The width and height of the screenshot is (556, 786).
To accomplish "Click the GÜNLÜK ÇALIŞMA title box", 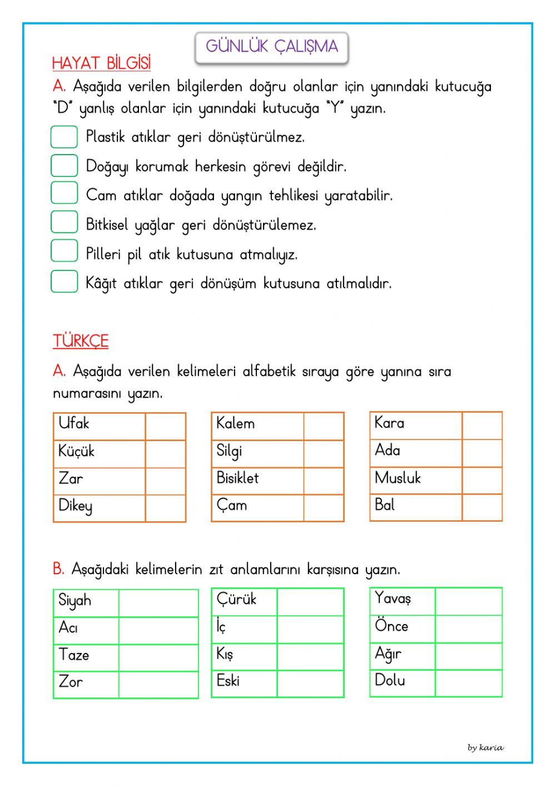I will (271, 47).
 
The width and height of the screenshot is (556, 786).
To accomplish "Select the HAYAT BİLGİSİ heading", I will (101, 63).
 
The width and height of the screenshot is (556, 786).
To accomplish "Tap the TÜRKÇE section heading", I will (81, 340).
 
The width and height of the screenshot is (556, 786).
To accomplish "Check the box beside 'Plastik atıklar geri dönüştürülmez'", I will (64, 137).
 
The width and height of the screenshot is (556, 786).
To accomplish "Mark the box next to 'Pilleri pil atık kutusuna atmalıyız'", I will (64, 251).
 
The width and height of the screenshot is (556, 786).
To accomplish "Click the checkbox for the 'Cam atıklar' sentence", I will (64, 193).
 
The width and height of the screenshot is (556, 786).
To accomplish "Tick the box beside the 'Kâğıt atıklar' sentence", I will (64, 281).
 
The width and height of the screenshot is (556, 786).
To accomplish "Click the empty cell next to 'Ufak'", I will (165, 427).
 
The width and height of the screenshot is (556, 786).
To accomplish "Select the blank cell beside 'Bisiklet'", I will (324, 481).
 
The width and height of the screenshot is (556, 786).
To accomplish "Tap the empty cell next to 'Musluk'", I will (481, 480).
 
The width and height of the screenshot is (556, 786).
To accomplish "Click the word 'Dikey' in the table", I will (76, 506).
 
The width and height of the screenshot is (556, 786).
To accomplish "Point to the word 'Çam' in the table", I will (232, 506).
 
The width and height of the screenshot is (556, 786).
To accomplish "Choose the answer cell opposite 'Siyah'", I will (158, 603).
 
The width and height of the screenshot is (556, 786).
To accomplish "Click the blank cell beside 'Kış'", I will (310, 657).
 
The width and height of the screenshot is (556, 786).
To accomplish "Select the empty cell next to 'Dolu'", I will (468, 684).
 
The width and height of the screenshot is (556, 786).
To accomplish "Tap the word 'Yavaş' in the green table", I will (393, 599).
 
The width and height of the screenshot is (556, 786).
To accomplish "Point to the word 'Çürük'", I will (237, 600).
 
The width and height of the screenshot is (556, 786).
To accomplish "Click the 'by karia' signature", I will (485, 748).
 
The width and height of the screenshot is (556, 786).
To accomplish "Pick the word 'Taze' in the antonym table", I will (74, 655).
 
